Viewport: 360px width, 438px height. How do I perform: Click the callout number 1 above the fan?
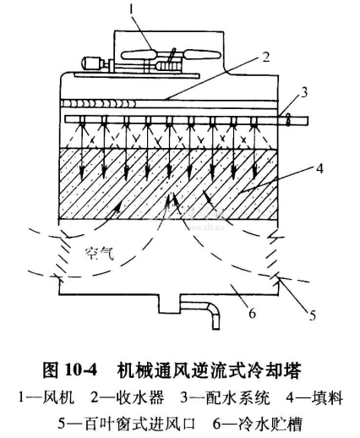click(131, 11)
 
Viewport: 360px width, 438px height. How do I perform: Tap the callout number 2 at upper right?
click(265, 57)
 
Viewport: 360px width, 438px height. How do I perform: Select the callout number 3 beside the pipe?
click(304, 93)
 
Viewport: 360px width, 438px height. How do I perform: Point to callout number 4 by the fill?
click(319, 168)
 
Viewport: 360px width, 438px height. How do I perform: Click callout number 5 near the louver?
click(312, 315)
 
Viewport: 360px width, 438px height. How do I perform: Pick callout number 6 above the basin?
click(252, 313)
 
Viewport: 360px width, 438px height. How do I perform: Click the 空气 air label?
click(100, 253)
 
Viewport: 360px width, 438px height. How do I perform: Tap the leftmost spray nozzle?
click(82, 121)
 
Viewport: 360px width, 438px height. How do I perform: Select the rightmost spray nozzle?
click(254, 121)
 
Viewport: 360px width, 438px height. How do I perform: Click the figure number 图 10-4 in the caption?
click(69, 370)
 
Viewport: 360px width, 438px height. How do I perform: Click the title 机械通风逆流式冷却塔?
click(209, 370)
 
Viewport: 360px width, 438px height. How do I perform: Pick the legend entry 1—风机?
click(46, 398)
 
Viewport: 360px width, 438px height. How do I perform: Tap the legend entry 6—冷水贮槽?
click(258, 424)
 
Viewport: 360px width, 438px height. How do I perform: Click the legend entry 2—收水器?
click(127, 398)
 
